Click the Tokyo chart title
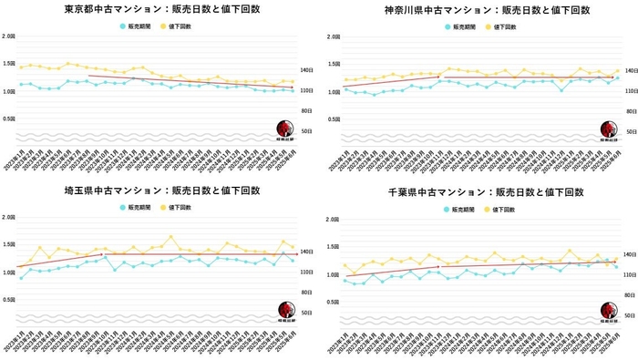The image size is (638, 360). pos(161,10)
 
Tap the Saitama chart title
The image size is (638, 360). pos(161,190)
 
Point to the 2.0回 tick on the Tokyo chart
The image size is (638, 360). pos(8,36)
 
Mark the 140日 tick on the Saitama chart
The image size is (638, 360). pos(307,250)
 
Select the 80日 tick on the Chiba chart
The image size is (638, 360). pos(628,295)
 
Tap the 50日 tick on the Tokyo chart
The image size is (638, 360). pos(307,132)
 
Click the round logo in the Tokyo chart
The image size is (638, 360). pos(285,129)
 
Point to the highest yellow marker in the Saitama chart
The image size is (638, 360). pos(170,237)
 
